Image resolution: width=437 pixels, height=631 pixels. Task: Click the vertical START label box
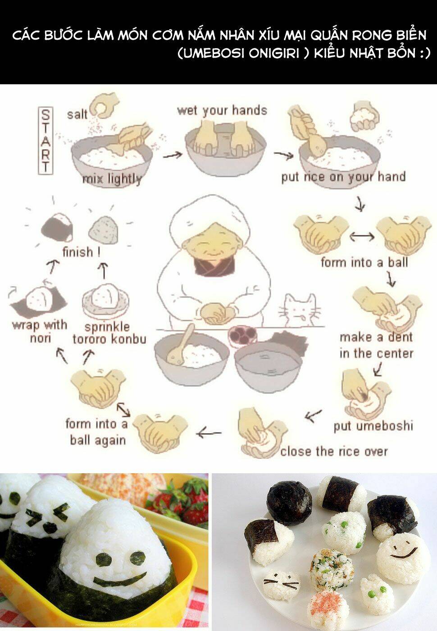[46, 140]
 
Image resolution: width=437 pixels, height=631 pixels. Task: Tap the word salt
[77, 114]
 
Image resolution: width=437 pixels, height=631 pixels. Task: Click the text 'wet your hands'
[222, 111]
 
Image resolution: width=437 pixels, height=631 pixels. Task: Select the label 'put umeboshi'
[373, 425]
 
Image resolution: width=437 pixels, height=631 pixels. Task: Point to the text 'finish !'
[82, 252]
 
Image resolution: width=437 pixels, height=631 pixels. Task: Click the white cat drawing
[300, 310]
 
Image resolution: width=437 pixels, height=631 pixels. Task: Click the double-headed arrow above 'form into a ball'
[362, 236]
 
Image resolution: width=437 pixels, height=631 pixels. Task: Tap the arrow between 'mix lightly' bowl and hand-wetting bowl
[172, 154]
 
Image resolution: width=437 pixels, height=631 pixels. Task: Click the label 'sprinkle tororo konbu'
[109, 333]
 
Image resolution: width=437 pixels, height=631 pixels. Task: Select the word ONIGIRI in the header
[274, 53]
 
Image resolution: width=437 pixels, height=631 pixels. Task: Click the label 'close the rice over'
[334, 451]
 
